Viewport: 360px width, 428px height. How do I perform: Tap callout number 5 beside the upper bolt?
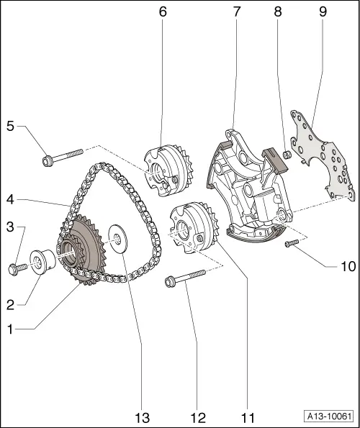point(10,127)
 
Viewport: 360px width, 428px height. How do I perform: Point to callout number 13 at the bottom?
point(140,417)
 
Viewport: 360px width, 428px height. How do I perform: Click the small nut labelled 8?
point(285,153)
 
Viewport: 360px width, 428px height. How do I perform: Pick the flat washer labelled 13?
point(116,240)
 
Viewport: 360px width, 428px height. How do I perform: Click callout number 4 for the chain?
point(10,199)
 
